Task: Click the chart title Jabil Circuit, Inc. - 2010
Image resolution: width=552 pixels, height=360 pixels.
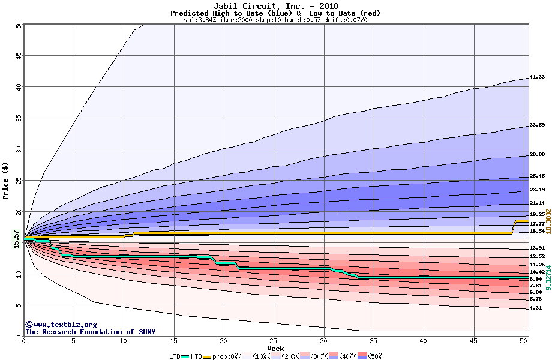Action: click(x=275, y=6)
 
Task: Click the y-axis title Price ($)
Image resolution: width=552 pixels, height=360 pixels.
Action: click(x=5, y=181)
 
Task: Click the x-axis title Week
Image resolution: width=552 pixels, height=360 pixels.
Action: click(x=275, y=348)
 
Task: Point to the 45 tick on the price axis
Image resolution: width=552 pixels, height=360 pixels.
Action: click(x=18, y=56)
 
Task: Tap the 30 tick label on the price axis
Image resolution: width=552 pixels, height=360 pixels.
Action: click(x=18, y=149)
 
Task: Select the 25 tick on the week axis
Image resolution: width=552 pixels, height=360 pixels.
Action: click(x=274, y=341)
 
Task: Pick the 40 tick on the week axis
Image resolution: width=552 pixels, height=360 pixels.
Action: click(x=424, y=341)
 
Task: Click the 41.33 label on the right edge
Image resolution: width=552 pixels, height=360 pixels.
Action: click(x=537, y=77)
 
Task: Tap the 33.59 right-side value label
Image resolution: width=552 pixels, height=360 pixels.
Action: click(x=537, y=125)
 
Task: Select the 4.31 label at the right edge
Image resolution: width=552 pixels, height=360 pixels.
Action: click(x=536, y=308)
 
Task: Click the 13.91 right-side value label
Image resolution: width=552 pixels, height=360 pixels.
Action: click(x=537, y=248)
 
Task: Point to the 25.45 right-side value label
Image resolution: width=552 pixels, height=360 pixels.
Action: click(x=537, y=176)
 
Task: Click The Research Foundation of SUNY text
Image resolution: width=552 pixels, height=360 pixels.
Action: click(x=90, y=332)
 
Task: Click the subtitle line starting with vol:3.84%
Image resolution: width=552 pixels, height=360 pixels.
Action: click(x=275, y=20)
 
